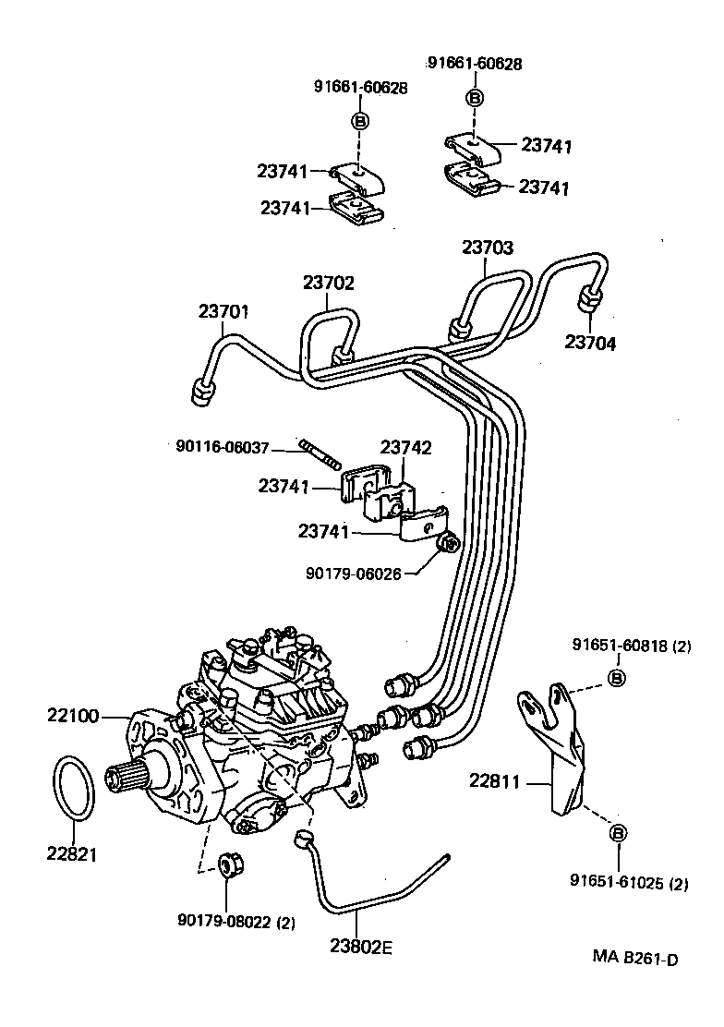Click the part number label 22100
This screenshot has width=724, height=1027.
pos(70,715)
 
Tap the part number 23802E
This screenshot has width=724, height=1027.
pos(360,946)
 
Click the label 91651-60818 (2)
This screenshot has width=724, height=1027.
pos(631,646)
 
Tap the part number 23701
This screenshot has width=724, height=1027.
pos(223,311)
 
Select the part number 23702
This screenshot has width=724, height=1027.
pos(328,284)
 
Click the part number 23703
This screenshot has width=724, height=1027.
pos(488,248)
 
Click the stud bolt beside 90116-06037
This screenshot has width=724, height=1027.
pos(320,454)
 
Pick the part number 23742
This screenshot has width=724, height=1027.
pos(406,448)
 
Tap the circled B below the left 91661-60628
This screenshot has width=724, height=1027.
pos(359,120)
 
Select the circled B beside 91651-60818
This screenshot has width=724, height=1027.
pos(616,678)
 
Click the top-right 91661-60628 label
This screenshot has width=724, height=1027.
pos(475,64)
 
